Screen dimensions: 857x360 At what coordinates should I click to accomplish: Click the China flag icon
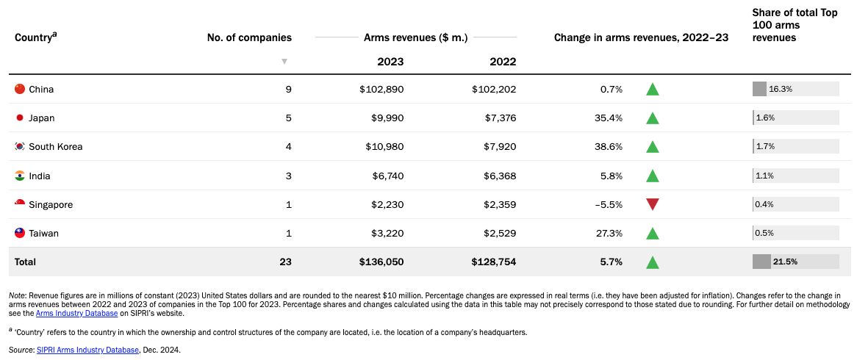(21, 89)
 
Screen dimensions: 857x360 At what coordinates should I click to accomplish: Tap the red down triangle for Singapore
(652, 204)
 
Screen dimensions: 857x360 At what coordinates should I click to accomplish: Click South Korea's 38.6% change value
(608, 147)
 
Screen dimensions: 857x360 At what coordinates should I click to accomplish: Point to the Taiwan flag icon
(21, 233)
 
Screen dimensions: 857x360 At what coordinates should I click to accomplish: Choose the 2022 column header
(503, 61)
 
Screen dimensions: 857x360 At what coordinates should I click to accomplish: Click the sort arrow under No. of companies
(284, 61)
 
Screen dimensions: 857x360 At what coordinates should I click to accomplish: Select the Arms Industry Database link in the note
(77, 313)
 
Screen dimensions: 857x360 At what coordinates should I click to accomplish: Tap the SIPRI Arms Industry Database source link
(87, 350)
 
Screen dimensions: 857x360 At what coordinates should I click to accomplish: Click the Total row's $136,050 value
(381, 262)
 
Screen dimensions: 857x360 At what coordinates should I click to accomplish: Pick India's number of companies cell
(288, 176)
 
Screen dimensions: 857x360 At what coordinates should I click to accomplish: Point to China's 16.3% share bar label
(781, 89)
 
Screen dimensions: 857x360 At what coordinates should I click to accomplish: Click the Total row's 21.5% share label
(786, 262)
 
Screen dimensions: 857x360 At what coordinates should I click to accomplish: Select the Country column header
(36, 37)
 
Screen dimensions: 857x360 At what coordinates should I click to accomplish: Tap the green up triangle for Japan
(652, 118)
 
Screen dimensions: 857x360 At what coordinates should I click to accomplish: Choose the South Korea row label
(56, 147)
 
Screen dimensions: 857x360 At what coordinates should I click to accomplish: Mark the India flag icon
(21, 176)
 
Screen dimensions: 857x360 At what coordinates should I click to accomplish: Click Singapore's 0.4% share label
(764, 204)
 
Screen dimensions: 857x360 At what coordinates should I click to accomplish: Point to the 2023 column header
(391, 61)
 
